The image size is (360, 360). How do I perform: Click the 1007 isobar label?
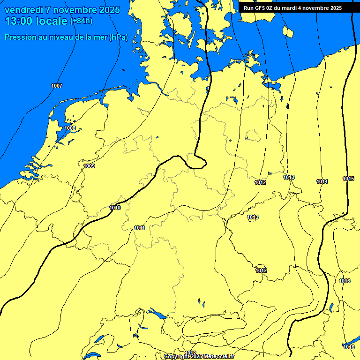tap(57, 86)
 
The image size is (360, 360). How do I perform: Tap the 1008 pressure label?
tap(70, 128)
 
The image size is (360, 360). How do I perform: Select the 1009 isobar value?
tap(89, 166)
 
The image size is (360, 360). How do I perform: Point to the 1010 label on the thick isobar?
tap(115, 208)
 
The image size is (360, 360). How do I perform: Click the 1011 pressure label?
tap(139, 228)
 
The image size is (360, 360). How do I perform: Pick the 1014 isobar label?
tap(322, 181)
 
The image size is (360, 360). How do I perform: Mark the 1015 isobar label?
tap(348, 179)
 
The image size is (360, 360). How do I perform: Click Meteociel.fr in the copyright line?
tap(219, 357)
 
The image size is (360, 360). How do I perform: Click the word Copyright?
tap(176, 357)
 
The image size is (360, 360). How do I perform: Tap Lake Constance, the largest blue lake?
tap(157, 313)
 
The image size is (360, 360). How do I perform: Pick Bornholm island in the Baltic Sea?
tap(288, 31)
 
